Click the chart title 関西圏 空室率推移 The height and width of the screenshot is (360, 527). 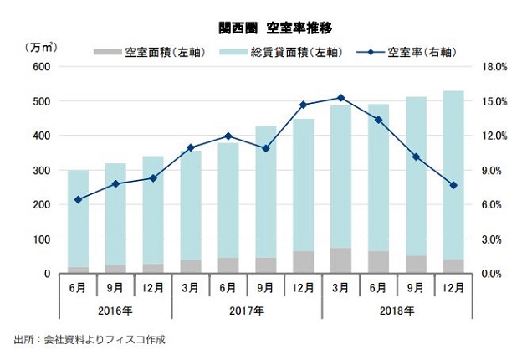click(263, 28)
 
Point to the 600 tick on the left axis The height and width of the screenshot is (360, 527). click(41, 67)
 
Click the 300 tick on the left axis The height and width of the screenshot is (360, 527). click(41, 170)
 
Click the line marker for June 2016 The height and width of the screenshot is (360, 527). click(78, 199)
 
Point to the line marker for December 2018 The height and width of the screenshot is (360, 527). click(453, 185)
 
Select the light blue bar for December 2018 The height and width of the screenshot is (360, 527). click(453, 167)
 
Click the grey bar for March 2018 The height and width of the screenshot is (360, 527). click(340, 260)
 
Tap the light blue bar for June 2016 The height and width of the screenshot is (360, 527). click(78, 218)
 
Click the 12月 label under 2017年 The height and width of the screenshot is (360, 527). click(303, 287)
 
